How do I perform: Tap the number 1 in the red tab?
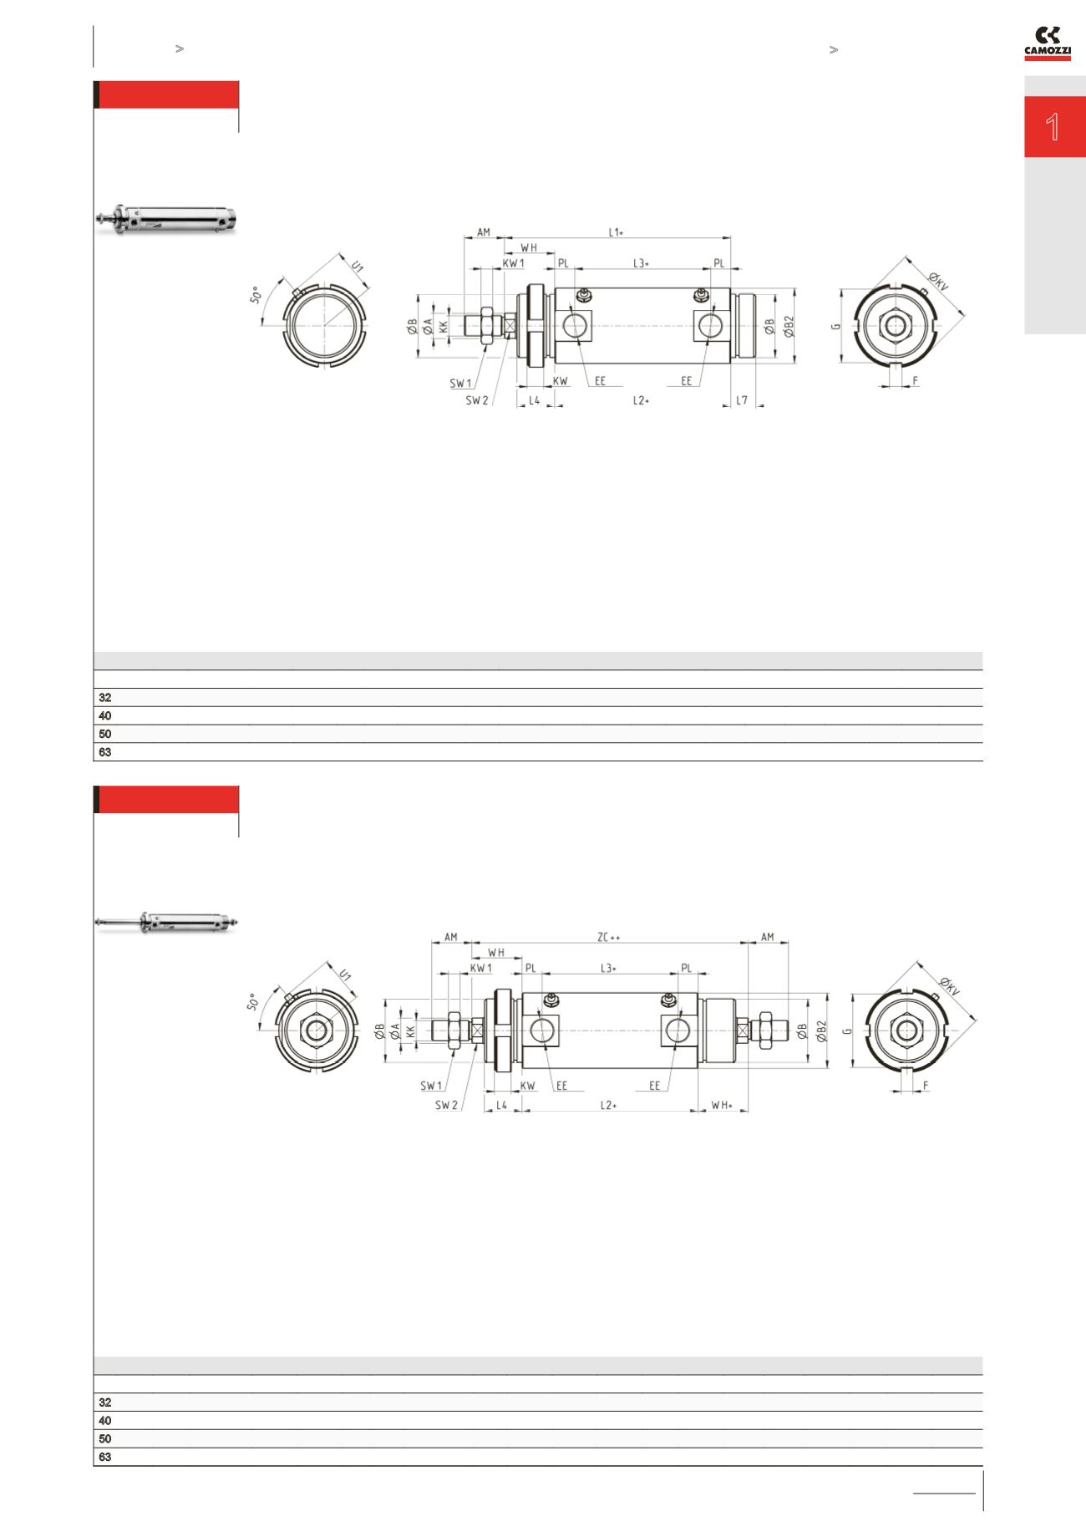(1053, 128)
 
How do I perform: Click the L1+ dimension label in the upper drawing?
(616, 232)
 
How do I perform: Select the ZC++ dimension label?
(608, 937)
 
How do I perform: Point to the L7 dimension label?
(741, 401)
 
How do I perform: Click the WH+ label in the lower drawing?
(721, 1105)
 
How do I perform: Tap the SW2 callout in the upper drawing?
(476, 400)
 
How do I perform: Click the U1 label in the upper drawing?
(357, 267)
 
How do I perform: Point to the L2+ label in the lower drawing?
(608, 1105)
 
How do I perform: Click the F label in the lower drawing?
(926, 1086)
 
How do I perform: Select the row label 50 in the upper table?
(105, 734)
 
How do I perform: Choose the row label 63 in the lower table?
(105, 1457)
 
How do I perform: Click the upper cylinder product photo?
(165, 219)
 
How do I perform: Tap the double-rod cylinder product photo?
(165, 923)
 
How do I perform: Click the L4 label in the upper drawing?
(535, 401)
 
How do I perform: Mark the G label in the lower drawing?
(847, 1031)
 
